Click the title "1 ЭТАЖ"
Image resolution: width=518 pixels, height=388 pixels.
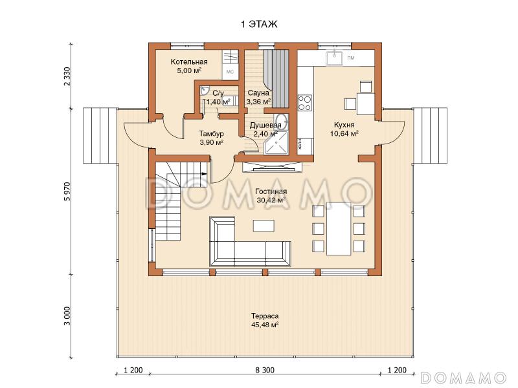click(x=259, y=25)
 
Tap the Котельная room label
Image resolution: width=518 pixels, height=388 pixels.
click(x=189, y=66)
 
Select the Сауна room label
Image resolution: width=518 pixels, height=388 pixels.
click(x=258, y=97)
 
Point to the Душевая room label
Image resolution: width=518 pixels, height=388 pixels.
click(x=265, y=129)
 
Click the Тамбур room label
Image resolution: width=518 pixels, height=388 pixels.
click(x=212, y=138)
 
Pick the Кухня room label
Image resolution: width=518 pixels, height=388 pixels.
click(x=344, y=129)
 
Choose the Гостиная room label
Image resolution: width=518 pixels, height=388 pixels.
click(x=271, y=196)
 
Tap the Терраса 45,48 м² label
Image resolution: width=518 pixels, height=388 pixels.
click(x=265, y=320)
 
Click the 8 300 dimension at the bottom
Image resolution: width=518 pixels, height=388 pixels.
click(x=265, y=370)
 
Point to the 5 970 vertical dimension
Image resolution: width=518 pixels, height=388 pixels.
click(x=67, y=191)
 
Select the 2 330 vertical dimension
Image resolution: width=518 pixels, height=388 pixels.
click(x=67, y=76)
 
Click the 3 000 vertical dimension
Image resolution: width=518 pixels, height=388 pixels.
click(x=67, y=316)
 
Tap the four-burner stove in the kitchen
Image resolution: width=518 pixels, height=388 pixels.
click(x=304, y=103)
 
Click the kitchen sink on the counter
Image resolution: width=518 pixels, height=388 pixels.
click(x=334, y=58)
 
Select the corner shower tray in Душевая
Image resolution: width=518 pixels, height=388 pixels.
click(x=276, y=142)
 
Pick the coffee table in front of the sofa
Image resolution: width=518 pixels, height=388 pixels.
click(x=264, y=226)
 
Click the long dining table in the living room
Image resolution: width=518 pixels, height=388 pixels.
click(x=339, y=228)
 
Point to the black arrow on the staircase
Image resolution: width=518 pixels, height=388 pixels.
click(x=204, y=173)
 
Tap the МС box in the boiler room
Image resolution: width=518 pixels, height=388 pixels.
click(x=230, y=72)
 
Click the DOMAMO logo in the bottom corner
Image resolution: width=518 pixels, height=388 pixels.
click(x=464, y=378)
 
